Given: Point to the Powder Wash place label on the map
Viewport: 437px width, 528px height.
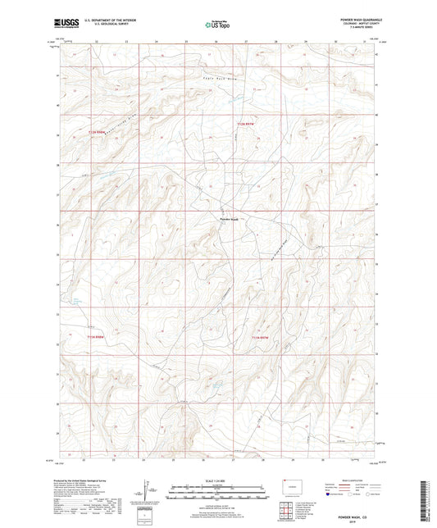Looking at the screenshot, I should [x=229, y=219].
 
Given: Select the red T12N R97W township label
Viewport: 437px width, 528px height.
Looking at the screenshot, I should [x=247, y=122].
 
